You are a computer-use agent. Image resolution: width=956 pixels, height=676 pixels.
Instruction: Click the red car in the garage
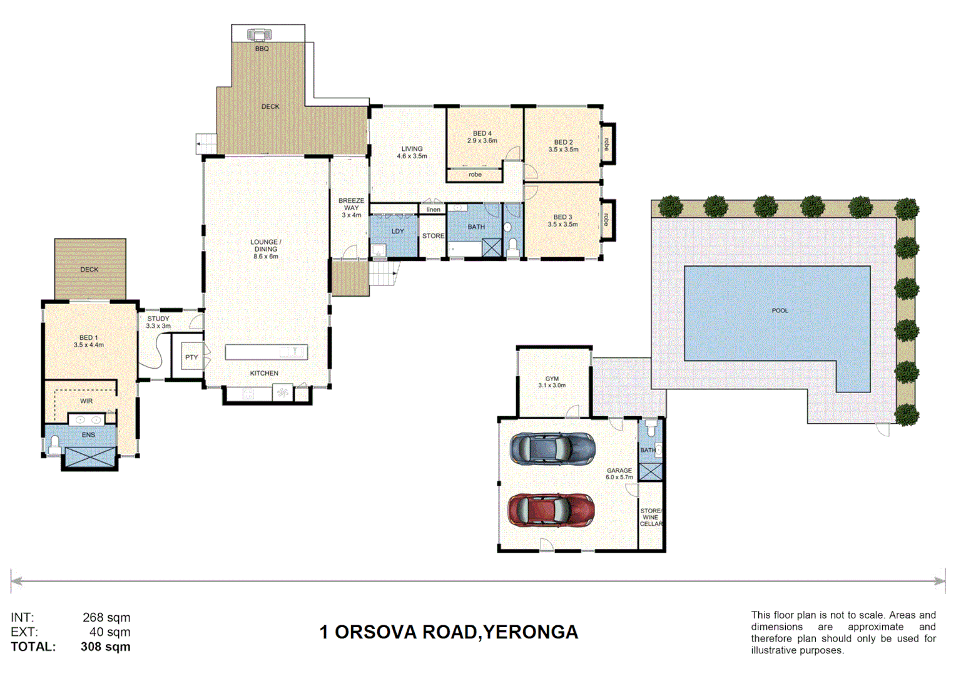pos(551,510)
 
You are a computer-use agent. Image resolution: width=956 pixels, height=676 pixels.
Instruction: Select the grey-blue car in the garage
pos(552,449)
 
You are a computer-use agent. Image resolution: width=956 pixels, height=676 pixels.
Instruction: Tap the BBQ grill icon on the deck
pos(259,34)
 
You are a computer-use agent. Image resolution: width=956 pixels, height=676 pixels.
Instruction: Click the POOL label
pos(780,310)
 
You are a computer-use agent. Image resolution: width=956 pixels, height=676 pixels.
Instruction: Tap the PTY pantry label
pos(191,357)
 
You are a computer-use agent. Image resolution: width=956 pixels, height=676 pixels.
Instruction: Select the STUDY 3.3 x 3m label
pos(158,322)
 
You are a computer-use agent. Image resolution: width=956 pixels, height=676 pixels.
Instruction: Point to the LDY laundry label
pos(397,231)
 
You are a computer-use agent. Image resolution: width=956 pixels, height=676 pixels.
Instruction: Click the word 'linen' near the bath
pos(433,210)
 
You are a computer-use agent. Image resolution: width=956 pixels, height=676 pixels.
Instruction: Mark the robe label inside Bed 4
pos(475,175)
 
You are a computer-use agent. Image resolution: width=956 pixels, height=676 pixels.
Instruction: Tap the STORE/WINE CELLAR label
pos(651,518)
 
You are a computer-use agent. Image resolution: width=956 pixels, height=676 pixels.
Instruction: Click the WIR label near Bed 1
pos(86,401)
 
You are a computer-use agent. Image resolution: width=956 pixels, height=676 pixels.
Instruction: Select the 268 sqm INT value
pos(106,618)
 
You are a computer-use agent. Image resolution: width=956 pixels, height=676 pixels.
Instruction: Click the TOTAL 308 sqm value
pos(105,647)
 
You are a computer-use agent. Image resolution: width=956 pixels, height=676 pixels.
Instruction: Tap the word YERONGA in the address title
pos(531,632)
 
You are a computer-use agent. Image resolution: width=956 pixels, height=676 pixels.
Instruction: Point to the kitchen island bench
pos(266,352)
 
